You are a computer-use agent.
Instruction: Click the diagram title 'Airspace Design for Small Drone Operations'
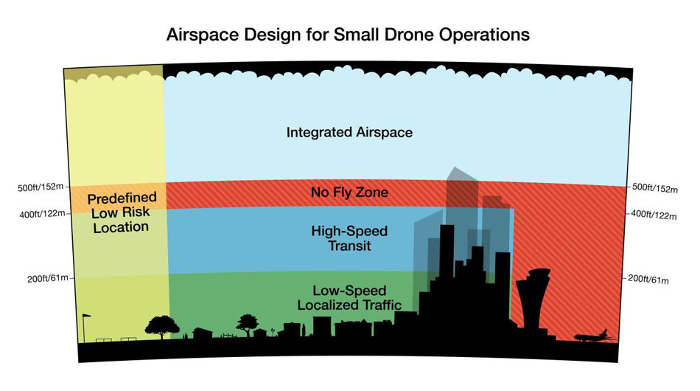pos(348,35)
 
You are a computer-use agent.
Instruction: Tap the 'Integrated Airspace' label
pos(349,133)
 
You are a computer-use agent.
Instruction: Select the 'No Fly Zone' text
pos(349,192)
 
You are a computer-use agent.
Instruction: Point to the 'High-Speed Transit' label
pos(349,238)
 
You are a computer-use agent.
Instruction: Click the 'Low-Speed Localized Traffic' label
pos(349,297)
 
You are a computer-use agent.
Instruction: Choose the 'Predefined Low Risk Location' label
pos(122,212)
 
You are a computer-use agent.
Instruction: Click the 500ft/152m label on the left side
pos(41,187)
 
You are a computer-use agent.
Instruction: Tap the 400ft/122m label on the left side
pos(43,214)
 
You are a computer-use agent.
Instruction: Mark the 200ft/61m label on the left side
pos(48,278)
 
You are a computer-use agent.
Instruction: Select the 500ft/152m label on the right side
pos(655,188)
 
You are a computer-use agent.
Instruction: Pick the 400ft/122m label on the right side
pos(654,215)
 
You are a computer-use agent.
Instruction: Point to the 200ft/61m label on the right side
pos(648,280)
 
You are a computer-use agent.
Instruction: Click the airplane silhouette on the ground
pos(591,336)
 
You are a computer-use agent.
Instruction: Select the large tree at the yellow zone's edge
pos(162,328)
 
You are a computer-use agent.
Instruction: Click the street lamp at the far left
pos(85,328)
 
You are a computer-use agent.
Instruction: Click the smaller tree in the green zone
pos(247,325)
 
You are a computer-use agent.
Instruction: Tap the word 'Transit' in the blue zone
pos(349,246)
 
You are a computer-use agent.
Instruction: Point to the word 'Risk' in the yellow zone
pos(136,212)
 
